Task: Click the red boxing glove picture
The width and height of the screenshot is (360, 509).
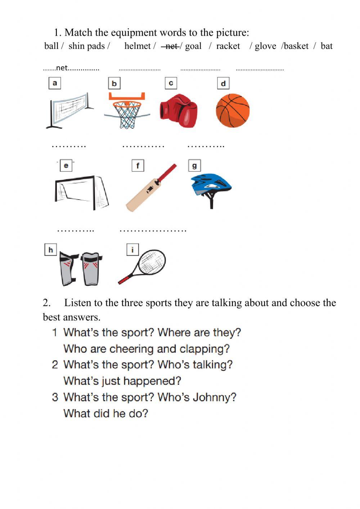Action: (x=179, y=111)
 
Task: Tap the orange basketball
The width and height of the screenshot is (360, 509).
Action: (x=233, y=111)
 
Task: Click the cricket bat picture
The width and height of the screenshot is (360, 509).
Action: (x=151, y=188)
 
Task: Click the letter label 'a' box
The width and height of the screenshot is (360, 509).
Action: (x=55, y=83)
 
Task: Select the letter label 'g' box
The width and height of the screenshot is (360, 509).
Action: (x=194, y=166)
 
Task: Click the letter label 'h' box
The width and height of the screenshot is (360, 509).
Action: (x=50, y=250)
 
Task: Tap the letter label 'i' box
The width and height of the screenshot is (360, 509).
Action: (x=132, y=250)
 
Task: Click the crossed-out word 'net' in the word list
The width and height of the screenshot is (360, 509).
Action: (x=171, y=46)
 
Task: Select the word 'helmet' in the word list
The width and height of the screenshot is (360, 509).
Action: (x=137, y=46)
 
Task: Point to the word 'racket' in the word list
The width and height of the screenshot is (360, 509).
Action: (x=228, y=46)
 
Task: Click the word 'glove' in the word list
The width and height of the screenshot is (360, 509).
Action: (x=265, y=46)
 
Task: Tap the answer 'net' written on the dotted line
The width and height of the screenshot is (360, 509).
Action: (x=62, y=68)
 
